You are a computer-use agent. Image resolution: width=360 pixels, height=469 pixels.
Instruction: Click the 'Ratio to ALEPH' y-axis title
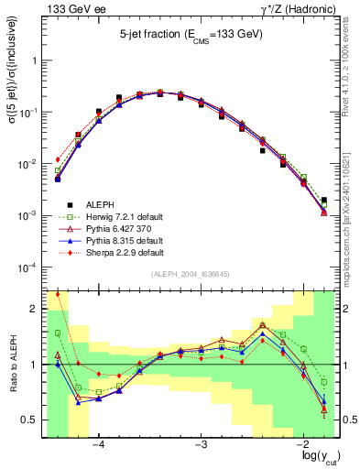coord(13,364)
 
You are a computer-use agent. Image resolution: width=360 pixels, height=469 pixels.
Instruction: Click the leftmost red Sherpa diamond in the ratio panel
coord(58,294)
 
